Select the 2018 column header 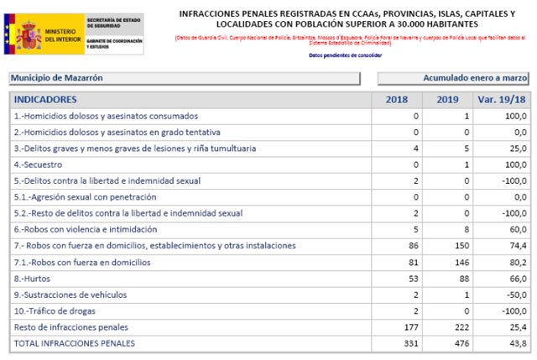coord(396,100)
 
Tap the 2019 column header coord(448,100)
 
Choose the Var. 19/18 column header coord(503,100)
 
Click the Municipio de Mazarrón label coord(57,78)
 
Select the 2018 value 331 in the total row coord(410,343)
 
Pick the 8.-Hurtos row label coord(34,279)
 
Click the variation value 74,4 coord(517,246)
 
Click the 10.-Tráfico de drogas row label coord(56,310)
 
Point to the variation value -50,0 coord(514,295)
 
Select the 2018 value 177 coord(410,326)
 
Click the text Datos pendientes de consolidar coord(345,55)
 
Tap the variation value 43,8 coord(517,343)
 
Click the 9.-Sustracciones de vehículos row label coord(70,295)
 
